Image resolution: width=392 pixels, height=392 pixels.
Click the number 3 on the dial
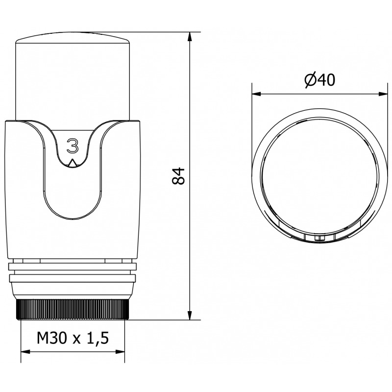73,147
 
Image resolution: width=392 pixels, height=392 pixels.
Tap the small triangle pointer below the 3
73,164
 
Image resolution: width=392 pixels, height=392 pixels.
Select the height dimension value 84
180,175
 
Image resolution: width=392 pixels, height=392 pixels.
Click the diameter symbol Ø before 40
310,80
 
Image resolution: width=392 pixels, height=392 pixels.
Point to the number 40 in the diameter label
325,80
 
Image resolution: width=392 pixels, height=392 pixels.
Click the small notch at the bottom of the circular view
319,238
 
